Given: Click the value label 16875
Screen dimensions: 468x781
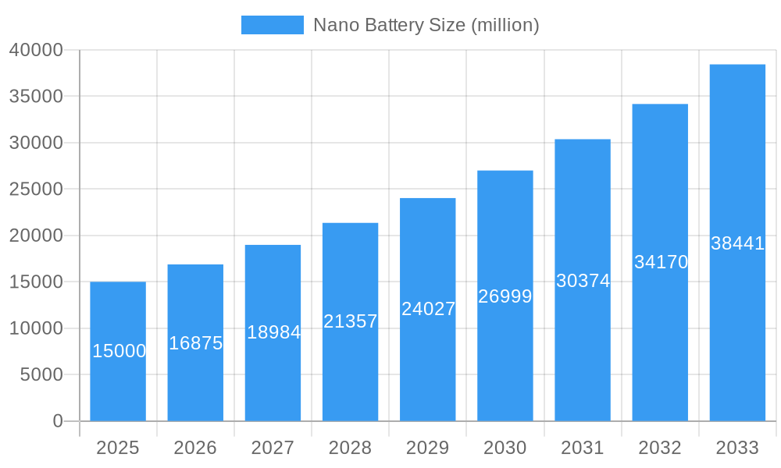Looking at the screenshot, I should coord(196,343).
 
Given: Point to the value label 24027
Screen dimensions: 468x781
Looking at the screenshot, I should coord(428,309).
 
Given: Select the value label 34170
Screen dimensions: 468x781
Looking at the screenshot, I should coord(661,262).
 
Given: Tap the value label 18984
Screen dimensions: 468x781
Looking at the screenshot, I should coord(273,332).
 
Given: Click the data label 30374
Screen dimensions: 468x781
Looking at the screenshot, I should coord(583,281).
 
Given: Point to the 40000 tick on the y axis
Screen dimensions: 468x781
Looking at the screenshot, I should coord(36,50).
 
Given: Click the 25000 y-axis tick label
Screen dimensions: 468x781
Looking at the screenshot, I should coord(36,190).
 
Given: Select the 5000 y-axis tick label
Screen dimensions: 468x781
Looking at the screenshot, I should coord(41,375).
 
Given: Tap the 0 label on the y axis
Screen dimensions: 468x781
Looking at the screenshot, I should coord(58,421).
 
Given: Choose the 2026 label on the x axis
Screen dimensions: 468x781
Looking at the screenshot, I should coord(195,448).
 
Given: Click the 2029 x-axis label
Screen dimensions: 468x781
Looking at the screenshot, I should coord(428,448).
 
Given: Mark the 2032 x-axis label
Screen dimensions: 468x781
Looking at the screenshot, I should coord(660,448).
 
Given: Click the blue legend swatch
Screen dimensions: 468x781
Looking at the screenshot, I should coord(272,25).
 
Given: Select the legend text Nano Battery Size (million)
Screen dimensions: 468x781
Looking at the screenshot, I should coord(426,25).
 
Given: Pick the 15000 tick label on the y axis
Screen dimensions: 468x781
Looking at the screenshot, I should coord(36,282).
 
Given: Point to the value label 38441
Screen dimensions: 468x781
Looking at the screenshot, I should coord(737,243).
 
